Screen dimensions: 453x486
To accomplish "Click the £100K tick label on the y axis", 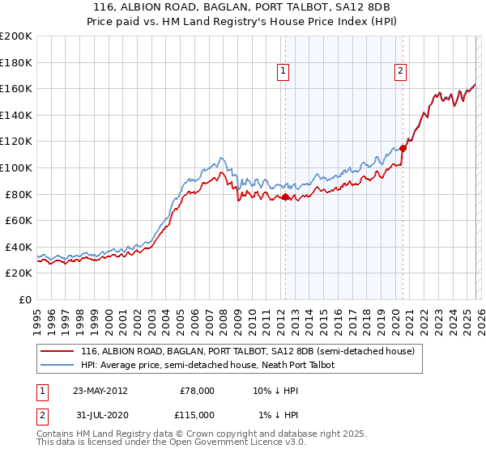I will point(16,167).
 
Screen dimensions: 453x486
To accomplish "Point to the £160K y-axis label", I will point(16,88).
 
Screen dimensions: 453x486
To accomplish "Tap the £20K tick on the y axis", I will point(19,273).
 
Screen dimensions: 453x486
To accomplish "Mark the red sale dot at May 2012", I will point(285,197).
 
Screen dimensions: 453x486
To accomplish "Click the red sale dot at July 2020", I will point(403,148).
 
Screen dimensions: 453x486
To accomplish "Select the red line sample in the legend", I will point(58,351).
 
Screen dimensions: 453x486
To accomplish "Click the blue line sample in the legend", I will point(58,365).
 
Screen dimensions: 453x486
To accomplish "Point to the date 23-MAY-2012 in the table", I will point(100,390).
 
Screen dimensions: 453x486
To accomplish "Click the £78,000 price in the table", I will point(196,390).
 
